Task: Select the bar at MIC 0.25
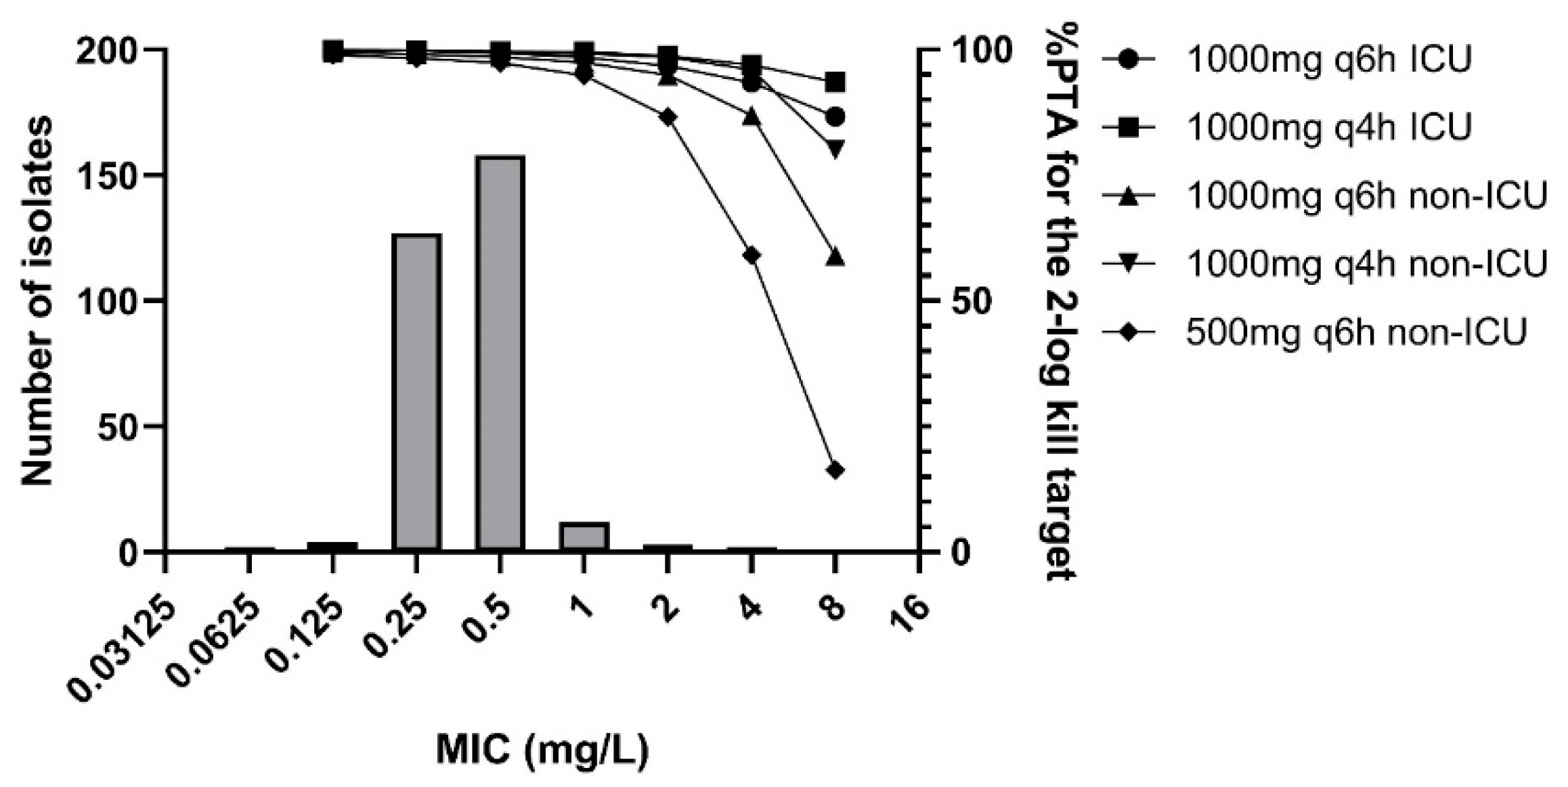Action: pos(416,392)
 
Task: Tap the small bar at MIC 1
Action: pos(584,536)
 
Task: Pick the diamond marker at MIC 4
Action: pos(751,255)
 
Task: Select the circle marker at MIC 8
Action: pos(835,117)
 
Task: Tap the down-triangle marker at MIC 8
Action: pos(835,148)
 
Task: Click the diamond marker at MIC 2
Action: pos(668,117)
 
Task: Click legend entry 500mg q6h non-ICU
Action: pos(1355,332)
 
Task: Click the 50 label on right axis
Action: pos(971,301)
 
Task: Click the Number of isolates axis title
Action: pos(37,301)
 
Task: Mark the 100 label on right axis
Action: pos(980,51)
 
